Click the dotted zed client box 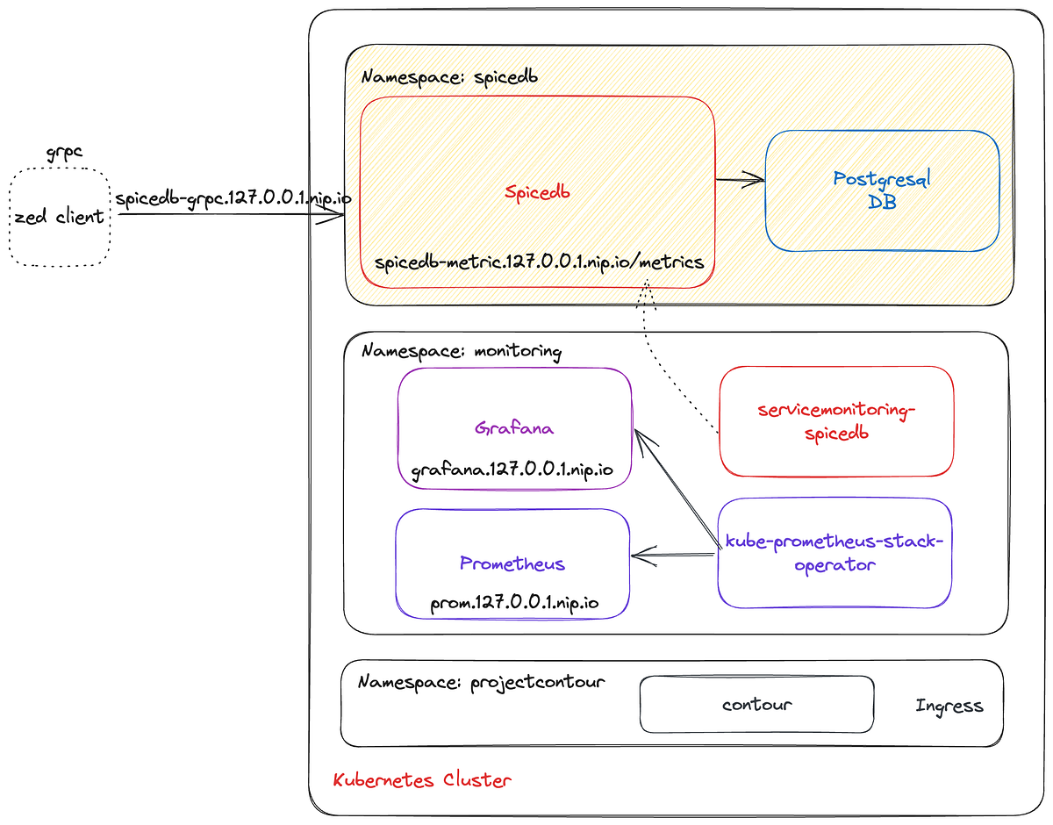[x=60, y=217]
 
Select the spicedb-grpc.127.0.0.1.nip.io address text [x=233, y=198]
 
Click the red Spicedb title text [x=537, y=192]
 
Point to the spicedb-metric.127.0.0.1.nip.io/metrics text [x=539, y=262]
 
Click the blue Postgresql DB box [x=882, y=190]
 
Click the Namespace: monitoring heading [x=462, y=351]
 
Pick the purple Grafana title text [x=514, y=428]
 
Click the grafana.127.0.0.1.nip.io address [x=512, y=471]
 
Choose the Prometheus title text [x=512, y=563]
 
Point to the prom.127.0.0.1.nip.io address [x=514, y=604]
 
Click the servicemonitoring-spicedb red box [x=835, y=421]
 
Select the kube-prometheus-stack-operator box [x=834, y=553]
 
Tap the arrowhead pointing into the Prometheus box [x=639, y=555]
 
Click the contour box [x=756, y=704]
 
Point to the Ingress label [x=949, y=706]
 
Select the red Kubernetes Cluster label [x=422, y=779]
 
